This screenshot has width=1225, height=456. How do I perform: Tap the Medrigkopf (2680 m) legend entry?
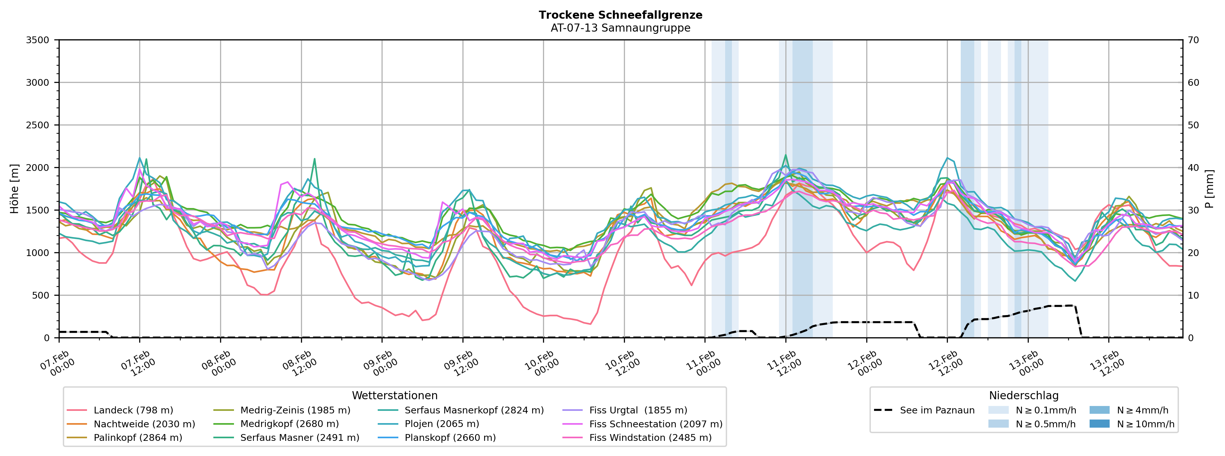click(x=289, y=424)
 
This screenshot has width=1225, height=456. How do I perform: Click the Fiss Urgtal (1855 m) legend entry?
click(x=638, y=410)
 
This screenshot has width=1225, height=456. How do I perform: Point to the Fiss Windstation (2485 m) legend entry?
click(x=650, y=437)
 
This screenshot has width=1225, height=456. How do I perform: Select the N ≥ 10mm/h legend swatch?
click(x=1099, y=424)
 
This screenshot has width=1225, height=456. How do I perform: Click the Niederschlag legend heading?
click(x=1023, y=396)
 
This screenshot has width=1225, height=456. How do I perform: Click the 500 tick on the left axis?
click(x=40, y=295)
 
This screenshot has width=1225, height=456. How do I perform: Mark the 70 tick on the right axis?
click(x=1193, y=40)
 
